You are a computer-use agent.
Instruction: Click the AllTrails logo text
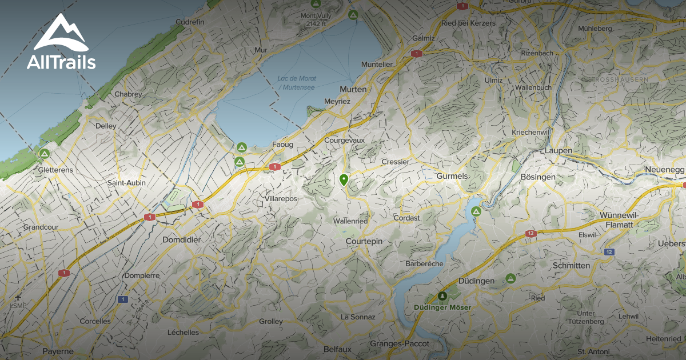pyautogui.click(x=61, y=62)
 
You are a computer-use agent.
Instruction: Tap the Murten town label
pyautogui.click(x=353, y=90)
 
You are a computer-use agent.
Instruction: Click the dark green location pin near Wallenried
pyautogui.click(x=344, y=180)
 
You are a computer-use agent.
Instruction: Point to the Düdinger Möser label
pyautogui.click(x=442, y=307)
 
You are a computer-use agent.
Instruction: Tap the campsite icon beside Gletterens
pyautogui.click(x=44, y=154)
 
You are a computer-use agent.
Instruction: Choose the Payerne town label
pyautogui.click(x=58, y=351)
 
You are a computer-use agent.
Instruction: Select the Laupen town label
pyautogui.click(x=559, y=150)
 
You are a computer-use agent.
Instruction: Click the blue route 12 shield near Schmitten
pyautogui.click(x=609, y=251)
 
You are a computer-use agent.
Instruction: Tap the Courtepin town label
pyautogui.click(x=364, y=242)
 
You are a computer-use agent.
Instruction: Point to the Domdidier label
pyautogui.click(x=182, y=239)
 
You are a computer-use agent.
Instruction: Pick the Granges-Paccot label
pyautogui.click(x=395, y=343)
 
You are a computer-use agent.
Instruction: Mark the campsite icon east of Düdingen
pyautogui.click(x=510, y=278)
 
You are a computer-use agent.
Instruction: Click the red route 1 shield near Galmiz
pyautogui.click(x=416, y=53)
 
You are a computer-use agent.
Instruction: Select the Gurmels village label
pyautogui.click(x=452, y=176)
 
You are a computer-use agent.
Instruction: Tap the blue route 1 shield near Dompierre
pyautogui.click(x=122, y=299)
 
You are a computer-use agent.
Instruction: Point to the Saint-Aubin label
pyautogui.click(x=126, y=183)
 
